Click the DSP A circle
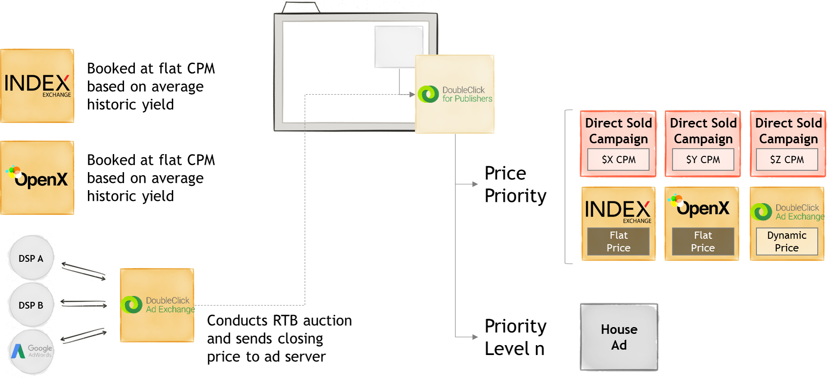31,258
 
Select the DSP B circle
31,305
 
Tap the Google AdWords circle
31,352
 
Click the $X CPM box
619,159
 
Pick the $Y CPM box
703,159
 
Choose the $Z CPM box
787,159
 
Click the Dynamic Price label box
787,241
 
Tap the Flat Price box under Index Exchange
619,241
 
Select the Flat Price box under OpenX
703,241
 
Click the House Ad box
619,337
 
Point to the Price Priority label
515,184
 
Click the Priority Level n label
515,337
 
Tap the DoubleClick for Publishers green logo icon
428,94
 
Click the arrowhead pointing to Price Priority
475,184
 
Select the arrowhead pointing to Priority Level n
475,337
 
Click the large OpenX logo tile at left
37,178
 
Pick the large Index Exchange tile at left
37,86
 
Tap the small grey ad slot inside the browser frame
399,47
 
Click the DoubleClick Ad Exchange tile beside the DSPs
157,305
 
